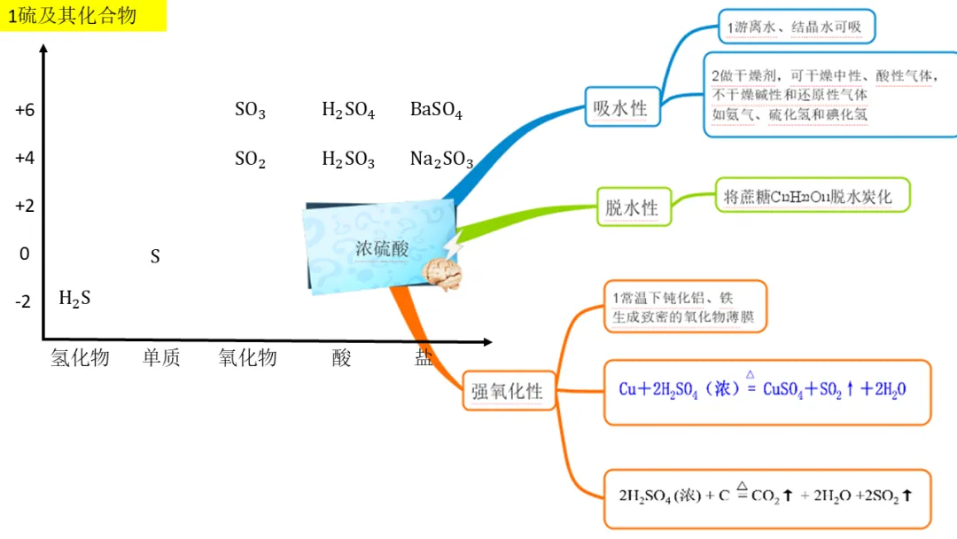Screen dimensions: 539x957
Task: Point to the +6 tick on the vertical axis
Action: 24,111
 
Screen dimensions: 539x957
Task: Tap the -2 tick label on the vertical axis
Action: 24,301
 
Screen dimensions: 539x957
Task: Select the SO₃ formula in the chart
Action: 250,111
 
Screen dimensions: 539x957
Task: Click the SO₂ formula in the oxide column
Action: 250,160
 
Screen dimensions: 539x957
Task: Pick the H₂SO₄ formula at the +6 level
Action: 347,111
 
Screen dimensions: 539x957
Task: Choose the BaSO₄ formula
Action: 436,111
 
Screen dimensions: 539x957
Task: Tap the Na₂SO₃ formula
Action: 441,160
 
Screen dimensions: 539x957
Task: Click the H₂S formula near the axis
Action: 74,299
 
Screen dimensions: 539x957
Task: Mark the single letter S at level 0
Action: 155,257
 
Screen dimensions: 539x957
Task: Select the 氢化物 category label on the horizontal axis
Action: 80,357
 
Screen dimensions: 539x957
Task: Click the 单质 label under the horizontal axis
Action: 161,357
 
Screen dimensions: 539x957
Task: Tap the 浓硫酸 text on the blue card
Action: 382,249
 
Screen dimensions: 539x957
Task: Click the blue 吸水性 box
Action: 620,108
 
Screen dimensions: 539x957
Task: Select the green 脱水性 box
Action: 632,207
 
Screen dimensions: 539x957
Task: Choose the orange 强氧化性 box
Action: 507,391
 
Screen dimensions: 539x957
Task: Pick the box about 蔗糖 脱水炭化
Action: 813,196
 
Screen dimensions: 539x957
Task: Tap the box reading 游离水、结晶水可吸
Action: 794,27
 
